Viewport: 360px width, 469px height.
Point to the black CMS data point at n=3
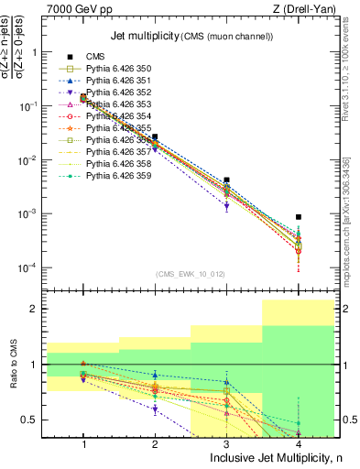point(226,180)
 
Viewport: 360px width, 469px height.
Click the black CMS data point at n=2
point(155,136)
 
